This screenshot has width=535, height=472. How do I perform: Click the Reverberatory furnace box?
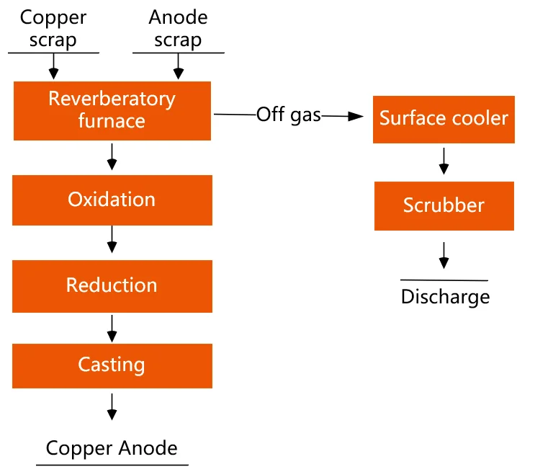click(112, 110)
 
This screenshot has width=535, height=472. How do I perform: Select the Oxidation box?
click(112, 199)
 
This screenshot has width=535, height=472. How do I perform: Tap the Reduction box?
click(112, 285)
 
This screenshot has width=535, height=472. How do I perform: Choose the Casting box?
click(112, 365)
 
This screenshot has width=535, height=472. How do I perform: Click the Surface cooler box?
click(444, 118)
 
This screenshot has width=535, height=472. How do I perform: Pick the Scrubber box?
click(444, 205)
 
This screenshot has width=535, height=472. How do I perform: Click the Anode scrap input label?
click(178, 28)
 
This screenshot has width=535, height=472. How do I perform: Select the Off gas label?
click(288, 115)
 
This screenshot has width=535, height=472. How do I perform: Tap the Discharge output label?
click(445, 296)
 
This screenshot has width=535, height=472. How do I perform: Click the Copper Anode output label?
click(112, 447)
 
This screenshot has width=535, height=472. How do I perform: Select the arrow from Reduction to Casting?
click(112, 326)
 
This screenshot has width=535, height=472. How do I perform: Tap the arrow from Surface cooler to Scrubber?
click(444, 161)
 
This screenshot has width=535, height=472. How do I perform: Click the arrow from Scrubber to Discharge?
click(444, 254)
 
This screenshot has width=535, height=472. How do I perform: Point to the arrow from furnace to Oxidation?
click(112, 156)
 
